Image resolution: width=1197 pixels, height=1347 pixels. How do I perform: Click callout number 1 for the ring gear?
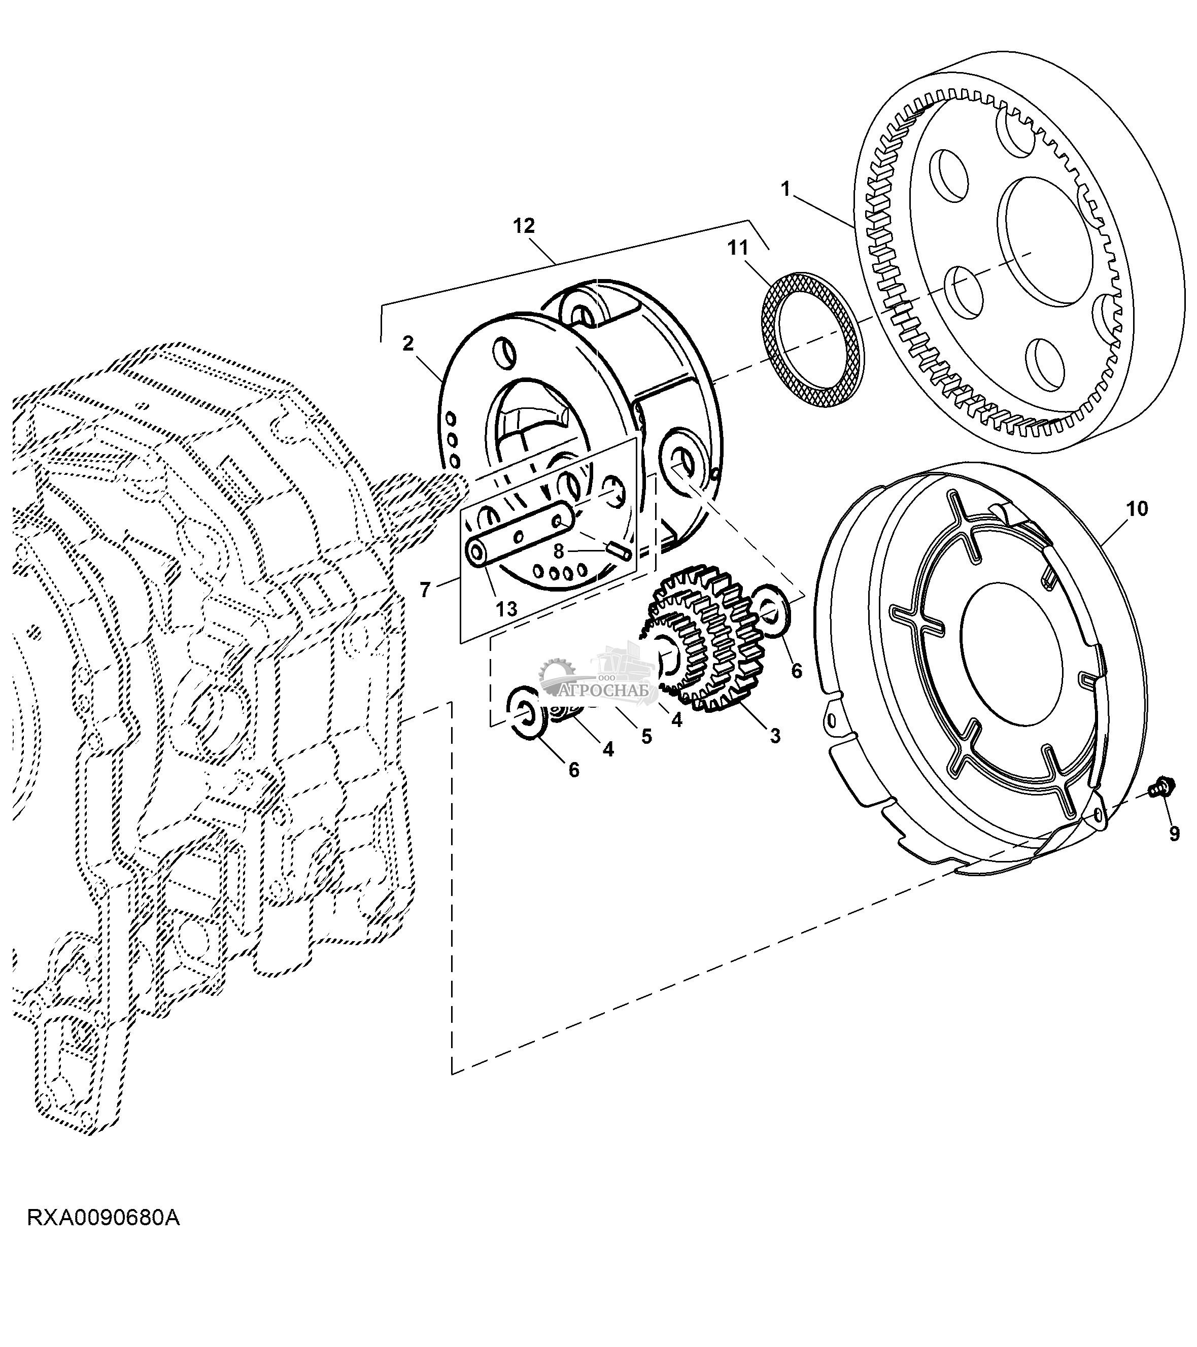point(785,189)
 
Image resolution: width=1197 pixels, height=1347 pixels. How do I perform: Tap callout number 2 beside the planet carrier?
point(408,343)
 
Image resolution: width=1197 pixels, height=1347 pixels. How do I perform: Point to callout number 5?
point(646,736)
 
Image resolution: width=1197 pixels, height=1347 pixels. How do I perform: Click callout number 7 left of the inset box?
point(425,589)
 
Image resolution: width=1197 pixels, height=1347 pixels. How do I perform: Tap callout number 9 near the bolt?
point(1174,834)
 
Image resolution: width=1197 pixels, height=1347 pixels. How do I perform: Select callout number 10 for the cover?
point(1137,509)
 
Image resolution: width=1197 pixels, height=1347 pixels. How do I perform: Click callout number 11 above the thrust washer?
point(738,249)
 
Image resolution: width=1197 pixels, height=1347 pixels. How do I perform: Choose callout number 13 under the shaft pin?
point(506,608)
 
